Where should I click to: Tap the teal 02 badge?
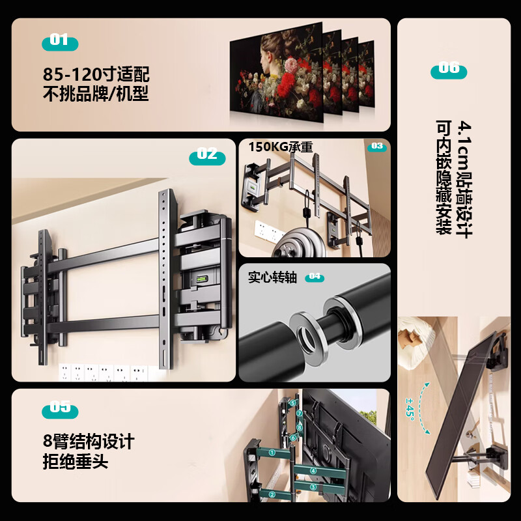pos(207,155)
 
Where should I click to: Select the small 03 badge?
pos(376,147)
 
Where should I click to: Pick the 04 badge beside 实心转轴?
pos(315,277)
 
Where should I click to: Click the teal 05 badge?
pos(59,409)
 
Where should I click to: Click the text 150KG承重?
pos(280,147)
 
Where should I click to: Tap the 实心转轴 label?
pos(272,277)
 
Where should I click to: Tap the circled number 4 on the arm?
pos(313,471)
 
